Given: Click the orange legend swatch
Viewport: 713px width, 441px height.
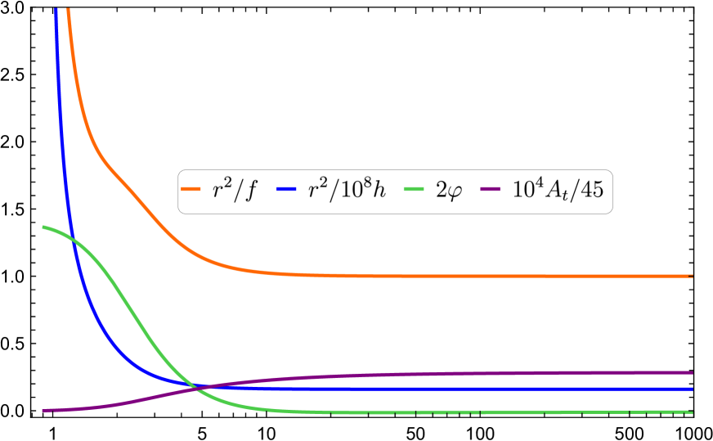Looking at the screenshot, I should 191,189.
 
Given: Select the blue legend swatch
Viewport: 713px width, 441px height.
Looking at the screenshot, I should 286,189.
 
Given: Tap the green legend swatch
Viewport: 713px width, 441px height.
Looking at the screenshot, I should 414,189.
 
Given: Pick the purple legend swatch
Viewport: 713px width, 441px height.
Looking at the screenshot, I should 490,189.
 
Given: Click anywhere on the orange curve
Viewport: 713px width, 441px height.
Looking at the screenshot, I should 409,276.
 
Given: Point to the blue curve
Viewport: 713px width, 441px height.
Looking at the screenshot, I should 491,389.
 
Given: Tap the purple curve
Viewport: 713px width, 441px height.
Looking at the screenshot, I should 491,373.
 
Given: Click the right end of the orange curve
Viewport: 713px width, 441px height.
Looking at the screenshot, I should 692,276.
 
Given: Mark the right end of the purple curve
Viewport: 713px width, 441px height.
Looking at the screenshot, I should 692,372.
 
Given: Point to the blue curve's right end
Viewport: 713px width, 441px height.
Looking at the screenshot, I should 692,389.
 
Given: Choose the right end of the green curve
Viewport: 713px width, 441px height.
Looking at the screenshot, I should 692,412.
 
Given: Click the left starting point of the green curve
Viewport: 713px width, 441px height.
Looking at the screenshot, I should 43,227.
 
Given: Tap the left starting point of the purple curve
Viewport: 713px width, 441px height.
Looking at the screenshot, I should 43,410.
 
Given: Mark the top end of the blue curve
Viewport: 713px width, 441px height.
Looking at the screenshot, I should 56,9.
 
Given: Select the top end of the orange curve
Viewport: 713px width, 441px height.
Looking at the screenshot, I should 68,9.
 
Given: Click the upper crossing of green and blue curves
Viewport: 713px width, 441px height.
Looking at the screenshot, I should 73,240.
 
